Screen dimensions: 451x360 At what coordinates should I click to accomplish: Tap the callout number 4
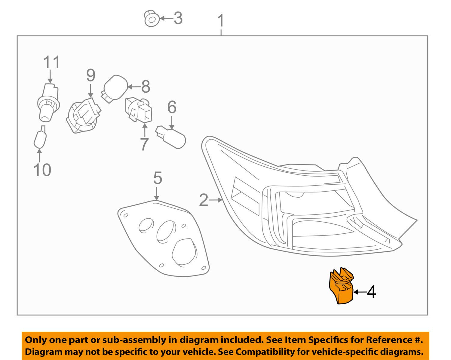point(371,292)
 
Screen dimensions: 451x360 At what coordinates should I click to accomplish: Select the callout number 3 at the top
point(178,18)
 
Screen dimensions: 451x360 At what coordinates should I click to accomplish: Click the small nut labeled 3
point(151,18)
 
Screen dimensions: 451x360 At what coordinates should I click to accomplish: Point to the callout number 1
point(221,20)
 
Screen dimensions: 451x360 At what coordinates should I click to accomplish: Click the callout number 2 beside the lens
point(204,200)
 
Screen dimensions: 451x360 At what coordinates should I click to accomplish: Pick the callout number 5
point(158,178)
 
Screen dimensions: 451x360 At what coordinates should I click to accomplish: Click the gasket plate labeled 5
point(164,238)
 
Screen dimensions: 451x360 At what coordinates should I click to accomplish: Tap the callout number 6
point(172,107)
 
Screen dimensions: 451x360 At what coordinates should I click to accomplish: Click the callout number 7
point(144,144)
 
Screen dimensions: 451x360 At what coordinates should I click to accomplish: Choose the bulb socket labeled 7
point(139,110)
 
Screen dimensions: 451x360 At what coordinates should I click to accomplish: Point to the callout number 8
point(146,86)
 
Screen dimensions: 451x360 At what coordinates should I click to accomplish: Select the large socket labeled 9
point(83,115)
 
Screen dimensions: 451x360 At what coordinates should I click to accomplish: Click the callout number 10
point(42,170)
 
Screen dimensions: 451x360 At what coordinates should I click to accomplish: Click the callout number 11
point(51,62)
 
